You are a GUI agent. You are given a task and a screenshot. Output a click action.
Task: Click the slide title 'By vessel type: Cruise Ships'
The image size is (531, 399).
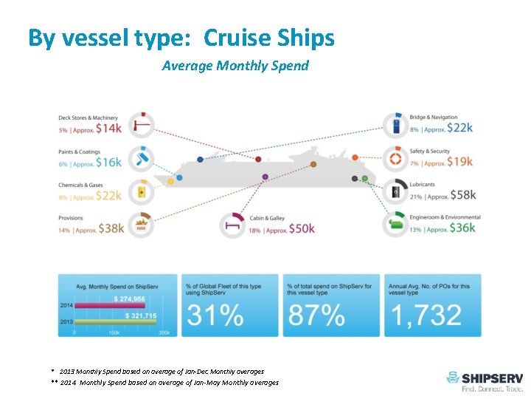pos(181,38)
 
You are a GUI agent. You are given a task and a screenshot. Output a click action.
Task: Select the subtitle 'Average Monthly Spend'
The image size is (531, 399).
pos(235,66)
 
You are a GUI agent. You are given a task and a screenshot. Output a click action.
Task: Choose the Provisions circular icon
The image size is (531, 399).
pos(139,224)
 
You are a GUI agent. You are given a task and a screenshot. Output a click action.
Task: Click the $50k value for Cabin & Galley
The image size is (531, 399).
pos(302,229)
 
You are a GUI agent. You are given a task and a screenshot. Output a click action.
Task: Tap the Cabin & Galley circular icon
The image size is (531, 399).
pos(233,225)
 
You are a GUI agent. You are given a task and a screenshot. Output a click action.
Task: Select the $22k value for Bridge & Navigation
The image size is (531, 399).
pos(459,129)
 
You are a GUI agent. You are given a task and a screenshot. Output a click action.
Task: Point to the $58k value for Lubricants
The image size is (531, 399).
pos(462,196)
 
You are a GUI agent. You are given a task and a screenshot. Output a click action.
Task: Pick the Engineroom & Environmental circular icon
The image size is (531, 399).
pos(395,224)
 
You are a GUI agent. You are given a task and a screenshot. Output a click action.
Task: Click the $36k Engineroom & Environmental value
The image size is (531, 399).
pos(462,228)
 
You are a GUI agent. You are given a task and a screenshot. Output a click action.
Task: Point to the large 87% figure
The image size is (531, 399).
pos(316,316)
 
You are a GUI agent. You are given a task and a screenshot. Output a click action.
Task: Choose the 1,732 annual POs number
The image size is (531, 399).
pos(427,316)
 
